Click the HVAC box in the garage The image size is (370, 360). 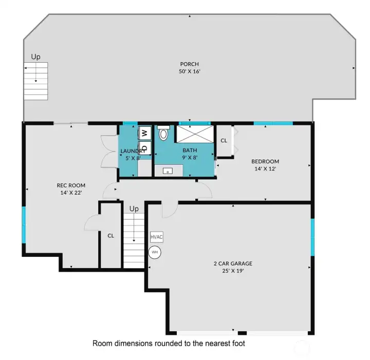pos(157,237)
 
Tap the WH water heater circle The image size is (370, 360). pos(155,252)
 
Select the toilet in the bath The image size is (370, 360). pos(164,135)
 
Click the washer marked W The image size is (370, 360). pos(144,132)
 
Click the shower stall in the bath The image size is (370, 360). pos(195,135)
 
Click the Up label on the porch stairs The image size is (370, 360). pos(35,57)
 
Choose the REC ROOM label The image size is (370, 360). pos(71,185)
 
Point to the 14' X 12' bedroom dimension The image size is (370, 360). pos(265,168)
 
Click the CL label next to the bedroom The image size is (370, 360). pos(224,141)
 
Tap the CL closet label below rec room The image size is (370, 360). pos(110,236)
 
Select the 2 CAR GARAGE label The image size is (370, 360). pos(233,263)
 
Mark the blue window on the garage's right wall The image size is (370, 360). pos(312,237)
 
